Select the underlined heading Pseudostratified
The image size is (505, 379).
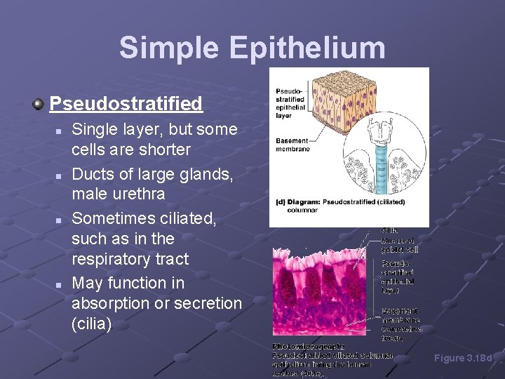point(126,105)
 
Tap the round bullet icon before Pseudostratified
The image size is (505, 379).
point(39,105)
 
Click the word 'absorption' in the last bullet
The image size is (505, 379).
point(111,304)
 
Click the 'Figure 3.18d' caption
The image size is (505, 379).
point(464,358)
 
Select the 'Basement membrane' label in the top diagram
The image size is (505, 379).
point(291,144)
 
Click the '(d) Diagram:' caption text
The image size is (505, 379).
point(299,202)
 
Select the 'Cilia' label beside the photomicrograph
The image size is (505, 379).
point(390,230)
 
